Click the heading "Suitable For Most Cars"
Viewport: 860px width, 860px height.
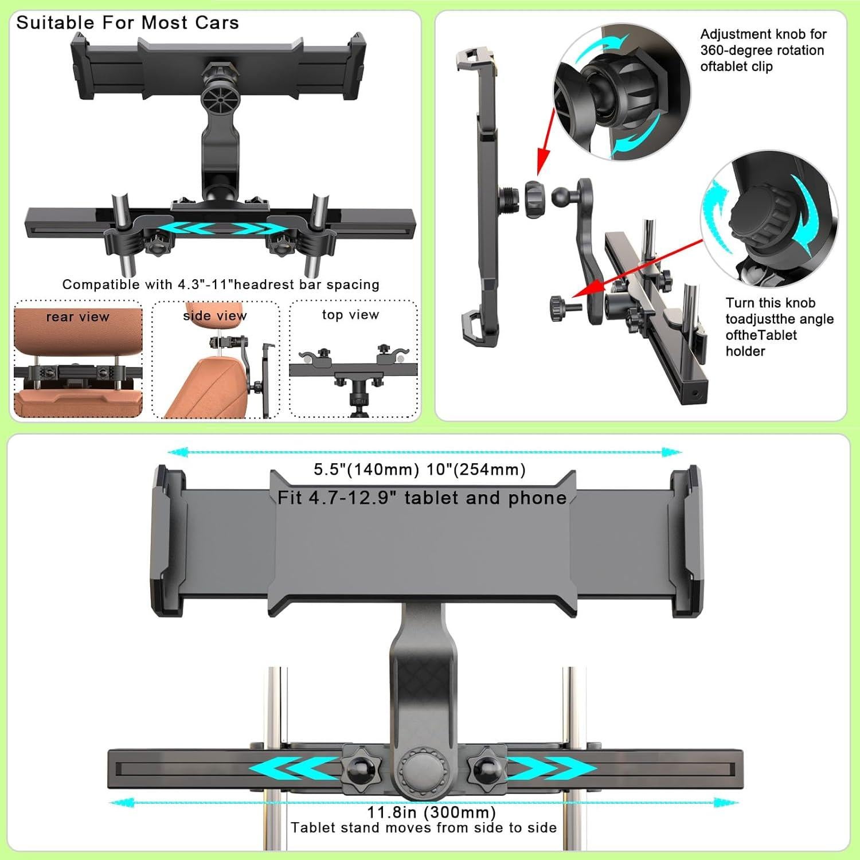[127, 23]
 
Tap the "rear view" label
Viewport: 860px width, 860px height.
[77, 317]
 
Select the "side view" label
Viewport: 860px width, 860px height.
[215, 315]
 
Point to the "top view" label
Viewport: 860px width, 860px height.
[350, 315]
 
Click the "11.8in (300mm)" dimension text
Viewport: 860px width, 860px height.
[431, 812]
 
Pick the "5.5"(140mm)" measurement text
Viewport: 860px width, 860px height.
[366, 470]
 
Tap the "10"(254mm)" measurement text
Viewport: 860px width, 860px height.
[476, 470]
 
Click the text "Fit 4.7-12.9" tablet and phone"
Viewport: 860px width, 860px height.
[422, 498]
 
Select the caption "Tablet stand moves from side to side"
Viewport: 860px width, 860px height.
[424, 827]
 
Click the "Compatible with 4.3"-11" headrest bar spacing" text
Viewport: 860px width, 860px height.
[221, 284]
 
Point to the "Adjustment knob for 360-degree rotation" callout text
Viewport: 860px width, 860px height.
[763, 50]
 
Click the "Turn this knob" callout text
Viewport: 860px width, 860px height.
[770, 303]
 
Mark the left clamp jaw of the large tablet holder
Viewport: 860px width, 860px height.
[168, 541]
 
